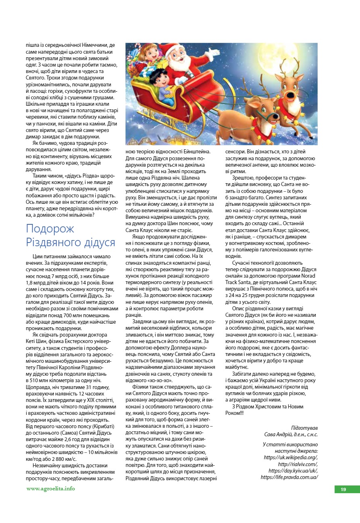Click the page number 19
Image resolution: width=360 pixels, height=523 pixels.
tap(343, 490)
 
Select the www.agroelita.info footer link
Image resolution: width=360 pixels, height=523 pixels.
tap(50, 489)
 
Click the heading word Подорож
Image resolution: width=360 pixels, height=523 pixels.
tap(50, 228)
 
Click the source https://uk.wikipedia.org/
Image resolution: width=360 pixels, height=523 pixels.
tap(291, 457)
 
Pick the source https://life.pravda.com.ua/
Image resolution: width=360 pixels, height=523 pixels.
tap(289, 477)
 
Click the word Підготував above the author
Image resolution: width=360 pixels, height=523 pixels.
tap(304, 427)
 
